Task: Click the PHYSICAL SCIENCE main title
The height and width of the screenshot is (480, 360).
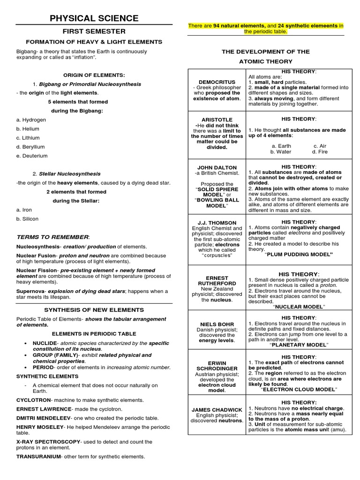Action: (x=94, y=18)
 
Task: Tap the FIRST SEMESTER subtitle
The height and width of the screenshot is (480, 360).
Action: (x=94, y=31)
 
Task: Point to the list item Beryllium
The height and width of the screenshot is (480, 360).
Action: (x=32, y=147)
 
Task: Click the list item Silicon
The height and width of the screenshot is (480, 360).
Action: (x=29, y=219)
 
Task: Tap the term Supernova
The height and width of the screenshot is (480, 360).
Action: (x=30, y=291)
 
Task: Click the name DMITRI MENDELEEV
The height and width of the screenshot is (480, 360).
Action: (x=43, y=417)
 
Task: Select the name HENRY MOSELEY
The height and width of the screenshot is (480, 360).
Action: (x=39, y=427)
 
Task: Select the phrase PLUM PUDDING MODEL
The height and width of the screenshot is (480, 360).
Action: (x=298, y=254)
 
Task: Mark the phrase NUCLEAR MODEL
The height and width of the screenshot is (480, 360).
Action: (x=299, y=307)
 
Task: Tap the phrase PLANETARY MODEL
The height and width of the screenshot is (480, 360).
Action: (x=299, y=345)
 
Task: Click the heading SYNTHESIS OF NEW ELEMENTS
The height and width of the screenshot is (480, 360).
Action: (x=94, y=310)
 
